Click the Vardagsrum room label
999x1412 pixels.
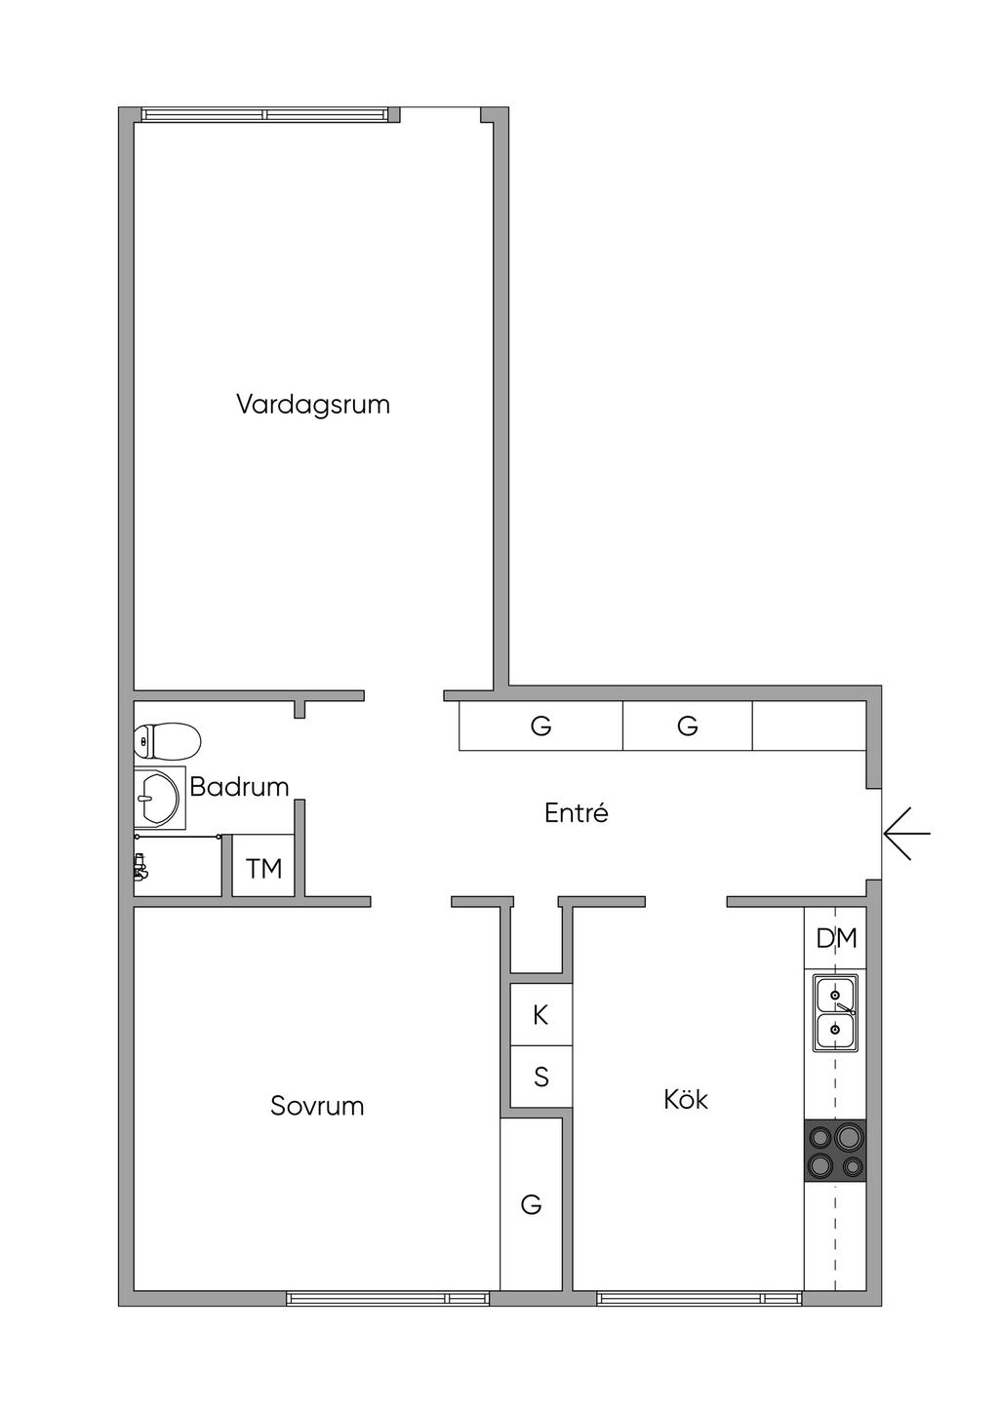click(313, 405)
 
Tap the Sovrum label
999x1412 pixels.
click(317, 1106)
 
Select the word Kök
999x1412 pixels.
click(686, 1100)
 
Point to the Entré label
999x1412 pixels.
click(577, 813)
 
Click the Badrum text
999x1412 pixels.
click(239, 787)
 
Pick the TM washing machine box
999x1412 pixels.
click(264, 867)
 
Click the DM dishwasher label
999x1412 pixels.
click(836, 938)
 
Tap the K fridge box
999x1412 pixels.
click(540, 1015)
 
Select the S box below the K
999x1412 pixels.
click(540, 1078)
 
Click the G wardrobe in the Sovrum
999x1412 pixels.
click(531, 1205)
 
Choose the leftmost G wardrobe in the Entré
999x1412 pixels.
click(540, 726)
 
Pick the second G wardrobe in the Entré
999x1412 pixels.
click(688, 726)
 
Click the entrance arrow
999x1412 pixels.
click(906, 834)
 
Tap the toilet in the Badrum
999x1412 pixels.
click(167, 741)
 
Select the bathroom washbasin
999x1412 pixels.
click(158, 797)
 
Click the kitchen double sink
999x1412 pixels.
click(836, 1014)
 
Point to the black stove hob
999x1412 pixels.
click(835, 1151)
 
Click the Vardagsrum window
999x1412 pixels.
click(264, 114)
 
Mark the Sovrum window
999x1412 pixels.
click(388, 1299)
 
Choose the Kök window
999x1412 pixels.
click(699, 1299)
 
